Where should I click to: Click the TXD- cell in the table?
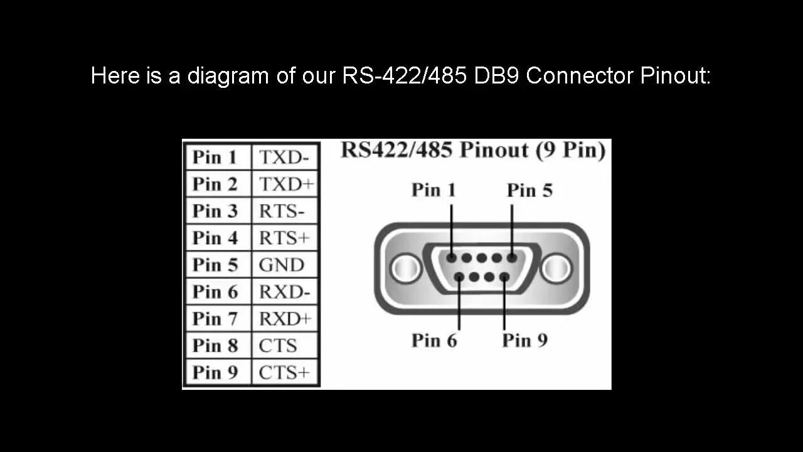284,157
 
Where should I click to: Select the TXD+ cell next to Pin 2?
286,184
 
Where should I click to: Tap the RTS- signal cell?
282,211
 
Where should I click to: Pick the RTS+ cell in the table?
284,238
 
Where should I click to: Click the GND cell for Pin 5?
281,265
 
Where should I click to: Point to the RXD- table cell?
284,292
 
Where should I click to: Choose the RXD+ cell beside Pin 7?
285,319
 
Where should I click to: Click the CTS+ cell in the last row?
284,372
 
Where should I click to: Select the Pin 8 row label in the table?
215,345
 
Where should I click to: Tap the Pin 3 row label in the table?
215,211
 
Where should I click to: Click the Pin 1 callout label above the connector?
433,190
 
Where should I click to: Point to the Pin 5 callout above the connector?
529,190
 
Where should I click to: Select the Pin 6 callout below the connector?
434,340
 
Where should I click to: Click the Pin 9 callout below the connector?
524,340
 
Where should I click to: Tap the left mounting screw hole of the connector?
406,269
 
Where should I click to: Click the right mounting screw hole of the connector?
556,269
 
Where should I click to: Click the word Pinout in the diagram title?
494,151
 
